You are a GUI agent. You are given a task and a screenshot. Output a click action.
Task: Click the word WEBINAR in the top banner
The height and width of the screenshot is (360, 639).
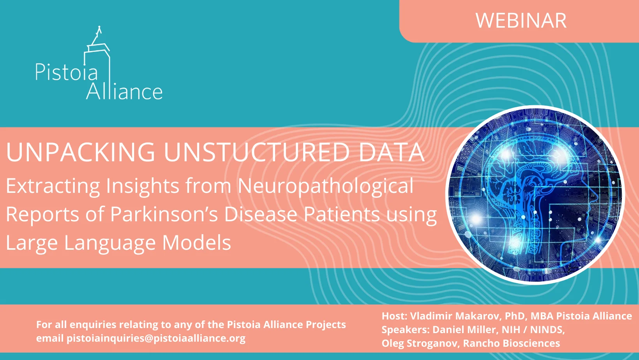click(521, 21)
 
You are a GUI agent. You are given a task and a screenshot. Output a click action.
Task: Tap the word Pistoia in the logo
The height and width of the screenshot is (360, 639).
click(67, 72)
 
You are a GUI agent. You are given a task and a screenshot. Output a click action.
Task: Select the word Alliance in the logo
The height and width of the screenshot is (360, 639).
click(124, 92)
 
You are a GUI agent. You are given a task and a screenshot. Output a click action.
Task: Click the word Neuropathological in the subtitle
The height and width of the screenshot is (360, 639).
click(326, 186)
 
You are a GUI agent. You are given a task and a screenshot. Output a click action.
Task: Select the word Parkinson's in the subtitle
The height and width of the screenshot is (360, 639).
click(164, 214)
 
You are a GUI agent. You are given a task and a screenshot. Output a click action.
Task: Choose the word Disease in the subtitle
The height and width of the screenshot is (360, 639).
click(261, 214)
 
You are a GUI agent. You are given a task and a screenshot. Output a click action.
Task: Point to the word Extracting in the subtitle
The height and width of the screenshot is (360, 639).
click(53, 186)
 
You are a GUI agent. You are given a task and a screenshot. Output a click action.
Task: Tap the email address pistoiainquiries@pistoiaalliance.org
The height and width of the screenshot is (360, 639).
click(156, 338)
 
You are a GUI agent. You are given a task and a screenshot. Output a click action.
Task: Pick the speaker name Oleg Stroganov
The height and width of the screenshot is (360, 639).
click(419, 343)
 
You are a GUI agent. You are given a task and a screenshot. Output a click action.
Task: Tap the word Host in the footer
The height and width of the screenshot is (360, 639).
click(394, 316)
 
